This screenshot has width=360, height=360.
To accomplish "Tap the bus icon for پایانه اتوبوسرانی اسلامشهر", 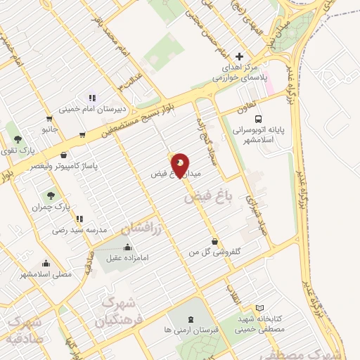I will [259, 120].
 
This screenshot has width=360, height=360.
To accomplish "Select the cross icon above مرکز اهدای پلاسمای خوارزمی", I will [240, 56].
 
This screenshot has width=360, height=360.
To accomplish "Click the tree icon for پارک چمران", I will [51, 195].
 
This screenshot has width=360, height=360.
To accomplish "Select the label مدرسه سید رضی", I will [79, 230].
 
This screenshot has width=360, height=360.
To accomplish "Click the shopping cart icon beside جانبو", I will [49, 119].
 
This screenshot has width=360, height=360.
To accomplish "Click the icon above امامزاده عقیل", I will [127, 247].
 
